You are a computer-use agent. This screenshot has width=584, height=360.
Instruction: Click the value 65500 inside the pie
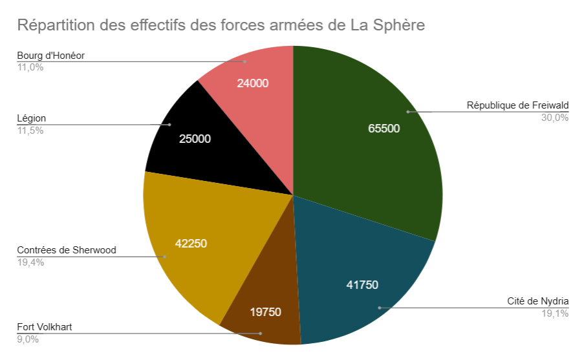384,128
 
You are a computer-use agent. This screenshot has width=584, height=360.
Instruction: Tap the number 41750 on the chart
362,284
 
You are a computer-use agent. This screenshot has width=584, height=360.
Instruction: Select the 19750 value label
266,312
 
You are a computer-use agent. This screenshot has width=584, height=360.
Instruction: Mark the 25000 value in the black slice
195,138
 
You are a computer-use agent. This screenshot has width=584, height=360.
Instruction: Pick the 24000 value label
252,83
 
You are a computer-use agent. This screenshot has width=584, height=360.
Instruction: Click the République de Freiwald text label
517,106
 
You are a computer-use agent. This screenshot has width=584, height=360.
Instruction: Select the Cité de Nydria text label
537,301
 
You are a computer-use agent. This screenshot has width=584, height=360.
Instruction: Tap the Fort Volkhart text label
45,327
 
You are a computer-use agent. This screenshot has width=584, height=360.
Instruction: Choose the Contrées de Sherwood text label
67,250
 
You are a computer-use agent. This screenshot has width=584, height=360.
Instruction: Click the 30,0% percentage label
554,118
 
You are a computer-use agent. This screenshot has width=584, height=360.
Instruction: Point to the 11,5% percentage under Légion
30,131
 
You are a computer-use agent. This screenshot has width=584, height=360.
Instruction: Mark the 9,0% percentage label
28,339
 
